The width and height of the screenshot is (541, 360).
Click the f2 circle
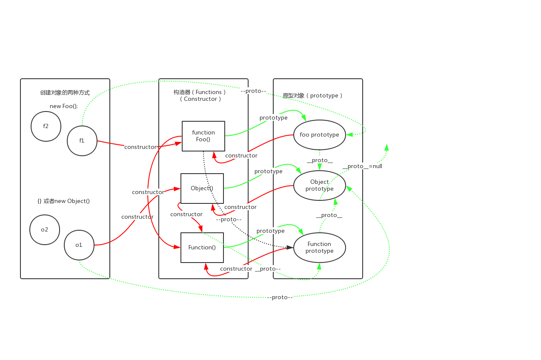(46, 126)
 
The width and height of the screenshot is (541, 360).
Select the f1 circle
(82, 141)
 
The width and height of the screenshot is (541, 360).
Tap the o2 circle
(45, 230)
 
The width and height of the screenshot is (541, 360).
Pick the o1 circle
(79, 245)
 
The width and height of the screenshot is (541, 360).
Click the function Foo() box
(203, 136)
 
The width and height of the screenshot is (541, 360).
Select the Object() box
(202, 189)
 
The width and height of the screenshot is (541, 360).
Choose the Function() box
(202, 248)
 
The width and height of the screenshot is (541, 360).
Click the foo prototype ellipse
(320, 135)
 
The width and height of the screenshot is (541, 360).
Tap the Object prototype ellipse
(320, 186)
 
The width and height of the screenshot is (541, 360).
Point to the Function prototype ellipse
(320, 248)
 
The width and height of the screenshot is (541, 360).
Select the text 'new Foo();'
(64, 106)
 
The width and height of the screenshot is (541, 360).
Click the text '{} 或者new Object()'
(64, 201)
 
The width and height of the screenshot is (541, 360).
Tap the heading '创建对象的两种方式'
(65, 93)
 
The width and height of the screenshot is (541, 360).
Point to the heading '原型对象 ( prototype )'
(313, 96)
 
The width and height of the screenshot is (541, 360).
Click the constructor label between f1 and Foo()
(140, 147)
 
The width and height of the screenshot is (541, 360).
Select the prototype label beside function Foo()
(274, 118)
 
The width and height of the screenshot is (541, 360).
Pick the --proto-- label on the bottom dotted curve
(280, 297)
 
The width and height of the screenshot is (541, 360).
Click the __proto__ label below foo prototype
(320, 160)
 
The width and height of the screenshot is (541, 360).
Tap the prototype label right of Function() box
(271, 231)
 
